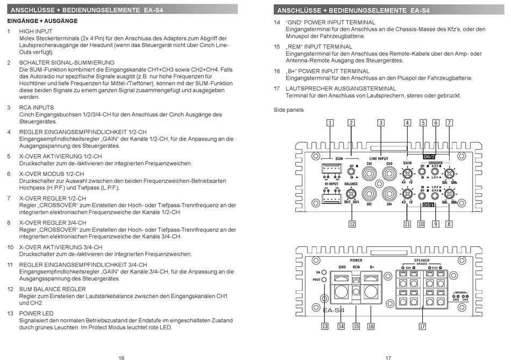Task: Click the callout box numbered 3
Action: pos(380,123)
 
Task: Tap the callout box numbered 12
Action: pos(352,224)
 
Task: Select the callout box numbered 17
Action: pos(423,326)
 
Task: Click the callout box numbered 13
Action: pos(325,326)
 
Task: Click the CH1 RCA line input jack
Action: pos(369,173)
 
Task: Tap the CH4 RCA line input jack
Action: pos(388,193)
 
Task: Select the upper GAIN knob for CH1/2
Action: pos(408,173)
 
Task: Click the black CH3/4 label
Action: pos(429,205)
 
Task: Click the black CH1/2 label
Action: pos(429,157)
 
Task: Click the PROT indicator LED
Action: pos(324,280)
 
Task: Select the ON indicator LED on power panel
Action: pos(324,272)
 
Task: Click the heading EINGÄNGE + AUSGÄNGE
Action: pos(42,21)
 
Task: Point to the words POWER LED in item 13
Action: pos(36,313)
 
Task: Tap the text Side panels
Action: pos(289,110)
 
